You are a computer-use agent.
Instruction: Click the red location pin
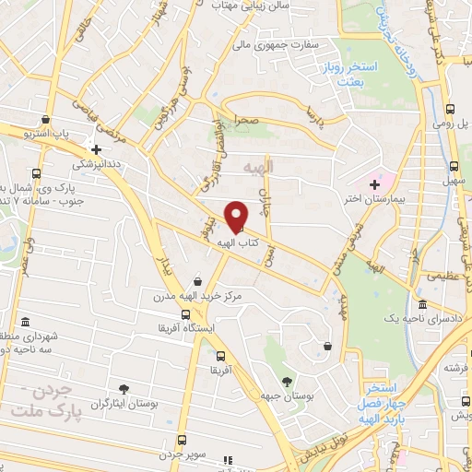click(x=237, y=217)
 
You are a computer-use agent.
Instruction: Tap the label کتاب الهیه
click(x=237, y=242)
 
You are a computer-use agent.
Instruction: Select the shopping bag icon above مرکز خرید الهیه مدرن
click(x=199, y=282)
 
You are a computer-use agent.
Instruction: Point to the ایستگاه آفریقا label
click(x=188, y=326)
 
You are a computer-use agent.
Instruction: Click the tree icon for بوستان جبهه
click(x=287, y=381)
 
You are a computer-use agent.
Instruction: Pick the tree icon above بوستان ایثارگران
click(x=123, y=388)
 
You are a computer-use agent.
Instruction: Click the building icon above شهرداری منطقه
click(x=23, y=322)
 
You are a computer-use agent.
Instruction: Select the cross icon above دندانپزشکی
click(x=95, y=147)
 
